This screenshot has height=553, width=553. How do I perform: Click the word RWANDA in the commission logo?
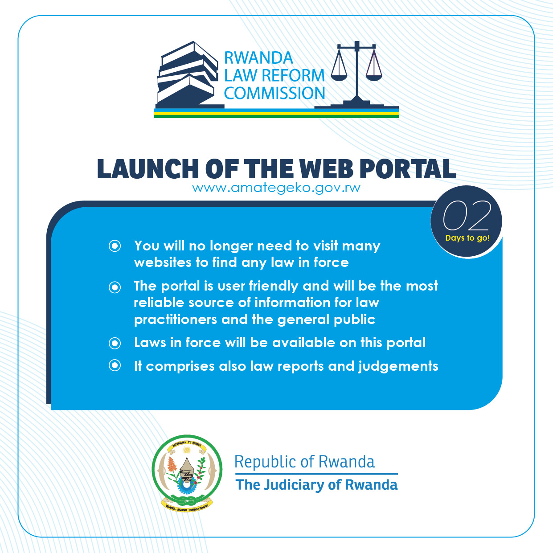pyautogui.click(x=258, y=58)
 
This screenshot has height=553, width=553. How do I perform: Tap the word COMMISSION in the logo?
pyautogui.click(x=274, y=94)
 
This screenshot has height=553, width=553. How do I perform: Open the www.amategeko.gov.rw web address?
pyautogui.click(x=276, y=188)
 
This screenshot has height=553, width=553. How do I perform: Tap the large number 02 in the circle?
pyautogui.click(x=467, y=216)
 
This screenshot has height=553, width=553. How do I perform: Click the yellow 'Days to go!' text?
pyautogui.click(x=467, y=238)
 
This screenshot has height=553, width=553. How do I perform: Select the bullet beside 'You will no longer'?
pyautogui.click(x=115, y=246)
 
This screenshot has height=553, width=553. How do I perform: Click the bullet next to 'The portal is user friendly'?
pyautogui.click(x=115, y=287)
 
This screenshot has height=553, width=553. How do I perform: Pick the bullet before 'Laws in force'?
pyautogui.click(x=115, y=343)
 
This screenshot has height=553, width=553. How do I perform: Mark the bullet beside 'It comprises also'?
pyautogui.click(x=115, y=366)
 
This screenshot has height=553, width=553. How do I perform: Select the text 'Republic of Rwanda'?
pyautogui.click(x=304, y=462)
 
